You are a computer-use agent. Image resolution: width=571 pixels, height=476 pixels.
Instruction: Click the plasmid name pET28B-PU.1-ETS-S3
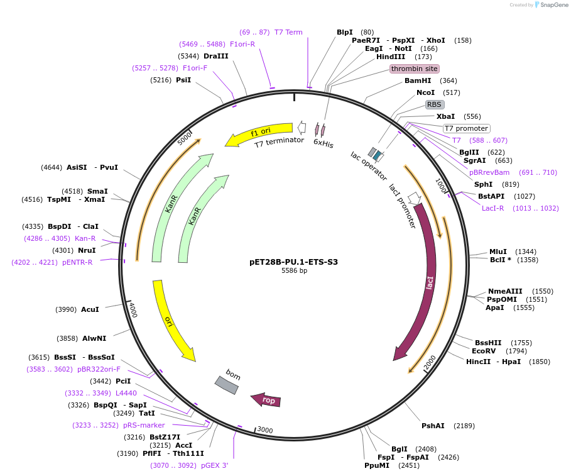point(293,262)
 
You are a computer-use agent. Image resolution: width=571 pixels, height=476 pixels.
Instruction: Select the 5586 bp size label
point(294,271)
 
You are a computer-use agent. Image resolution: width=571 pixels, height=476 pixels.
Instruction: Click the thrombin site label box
point(414,69)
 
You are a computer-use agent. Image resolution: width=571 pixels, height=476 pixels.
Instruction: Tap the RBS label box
point(434,104)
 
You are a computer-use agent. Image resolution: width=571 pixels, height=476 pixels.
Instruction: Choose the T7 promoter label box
point(466,128)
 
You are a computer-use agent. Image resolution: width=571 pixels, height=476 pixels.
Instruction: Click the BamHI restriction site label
point(418,80)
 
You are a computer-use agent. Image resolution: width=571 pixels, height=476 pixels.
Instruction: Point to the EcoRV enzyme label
point(484,351)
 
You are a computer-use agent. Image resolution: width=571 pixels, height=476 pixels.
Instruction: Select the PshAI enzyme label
point(433,426)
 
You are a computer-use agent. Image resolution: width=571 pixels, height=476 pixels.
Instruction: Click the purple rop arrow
point(266,400)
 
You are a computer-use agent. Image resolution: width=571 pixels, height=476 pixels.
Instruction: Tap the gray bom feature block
point(227,385)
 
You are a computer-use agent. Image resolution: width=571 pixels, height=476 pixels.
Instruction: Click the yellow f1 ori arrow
point(259,133)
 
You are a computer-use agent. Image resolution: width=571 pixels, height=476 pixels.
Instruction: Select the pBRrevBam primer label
point(489,172)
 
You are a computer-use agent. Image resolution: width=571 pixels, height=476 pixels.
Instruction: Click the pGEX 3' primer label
point(215,465)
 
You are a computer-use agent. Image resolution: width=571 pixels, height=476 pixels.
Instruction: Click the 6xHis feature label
point(324,144)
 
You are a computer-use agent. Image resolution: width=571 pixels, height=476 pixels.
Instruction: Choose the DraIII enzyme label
point(216,56)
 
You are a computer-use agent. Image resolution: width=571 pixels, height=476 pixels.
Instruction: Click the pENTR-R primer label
point(77,262)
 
